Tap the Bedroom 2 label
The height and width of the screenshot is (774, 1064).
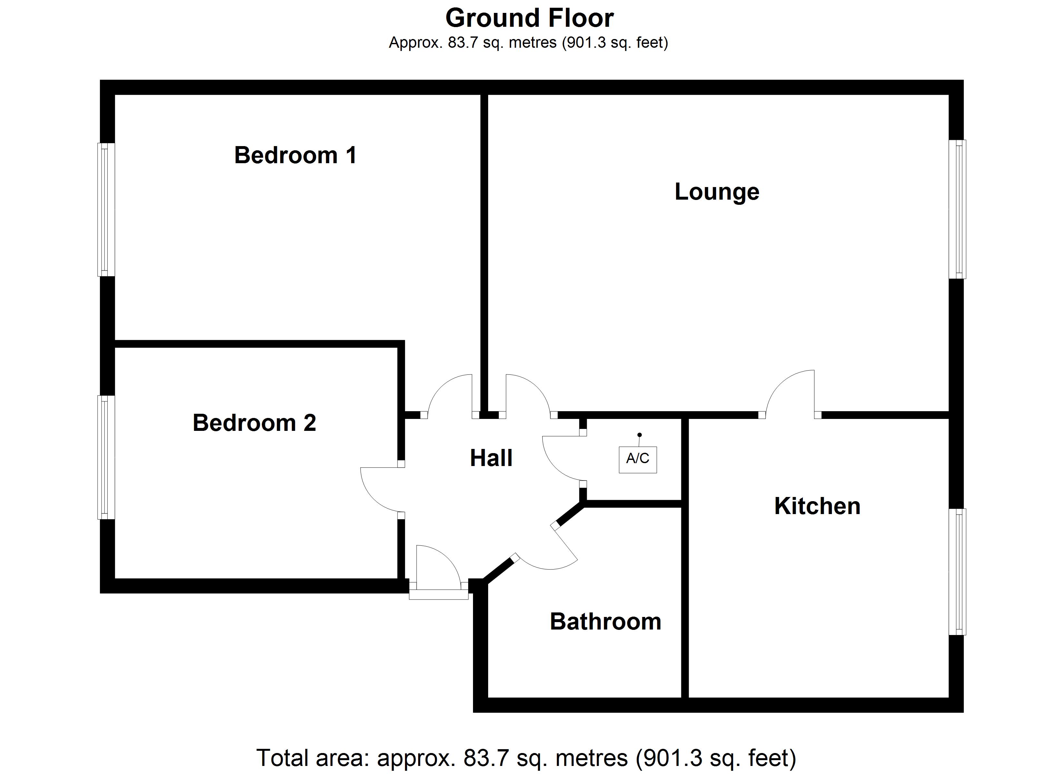coord(254,423)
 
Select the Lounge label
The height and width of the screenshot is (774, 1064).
coord(716,192)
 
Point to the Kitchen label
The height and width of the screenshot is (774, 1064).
coord(817,506)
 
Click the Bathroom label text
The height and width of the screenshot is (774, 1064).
coord(605,621)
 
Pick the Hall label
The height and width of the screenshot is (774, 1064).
coord(491,458)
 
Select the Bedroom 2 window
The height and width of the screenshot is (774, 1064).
coord(106,457)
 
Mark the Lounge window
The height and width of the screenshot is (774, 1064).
coord(957,209)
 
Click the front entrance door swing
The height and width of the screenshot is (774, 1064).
coord(436,568)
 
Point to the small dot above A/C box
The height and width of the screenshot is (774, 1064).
coord(639,435)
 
